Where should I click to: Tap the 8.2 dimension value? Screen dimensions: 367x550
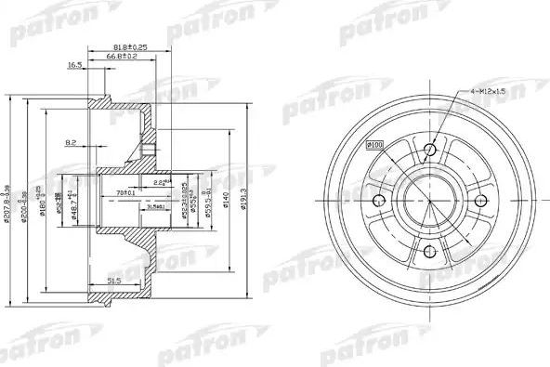[x=72, y=142]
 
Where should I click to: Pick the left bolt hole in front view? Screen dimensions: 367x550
[x=377, y=202]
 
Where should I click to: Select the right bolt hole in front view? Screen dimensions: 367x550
[x=481, y=202]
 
